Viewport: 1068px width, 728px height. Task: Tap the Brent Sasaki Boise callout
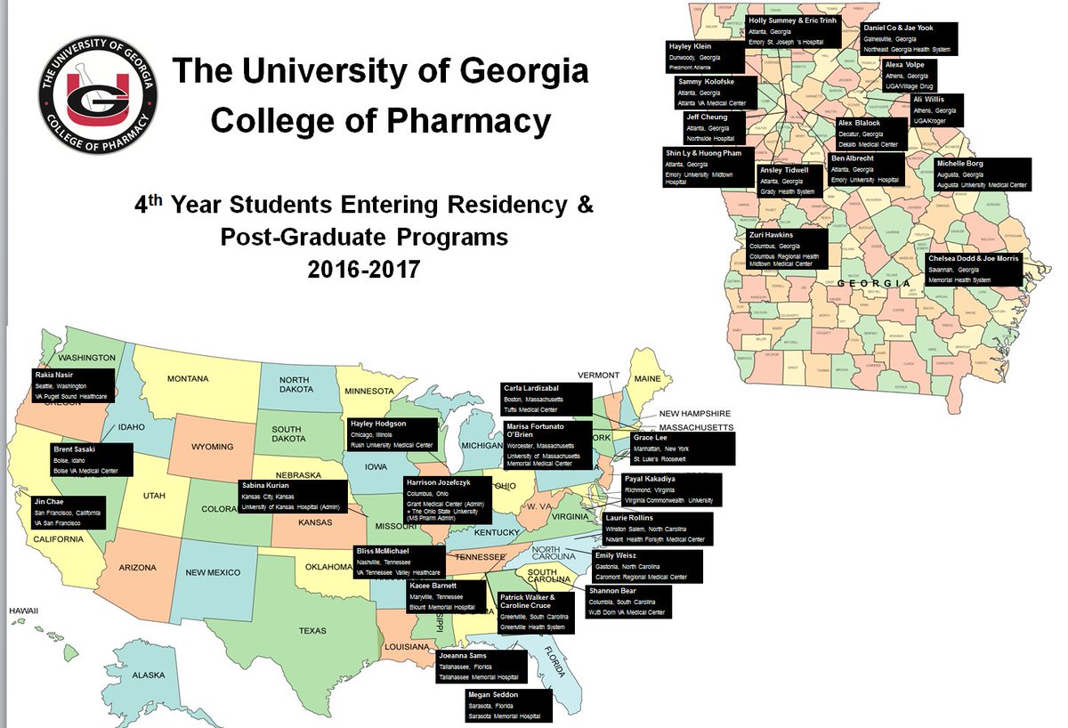coord(91,459)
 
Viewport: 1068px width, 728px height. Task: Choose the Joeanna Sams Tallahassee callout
coord(481,667)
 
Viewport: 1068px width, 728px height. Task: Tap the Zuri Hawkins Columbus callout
coord(788,248)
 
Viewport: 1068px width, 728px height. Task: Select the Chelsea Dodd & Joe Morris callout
coord(973,269)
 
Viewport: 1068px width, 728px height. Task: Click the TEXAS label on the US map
coord(312,631)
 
